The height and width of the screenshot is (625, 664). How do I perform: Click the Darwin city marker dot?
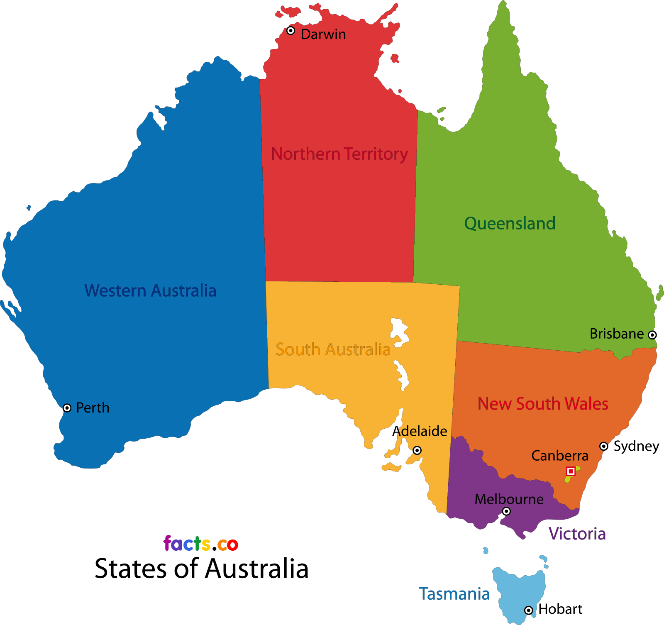click(291, 31)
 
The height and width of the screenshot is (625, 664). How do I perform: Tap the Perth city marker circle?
click(67, 408)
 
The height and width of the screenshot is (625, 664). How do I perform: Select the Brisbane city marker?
click(652, 335)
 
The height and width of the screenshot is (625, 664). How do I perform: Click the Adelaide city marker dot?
click(417, 450)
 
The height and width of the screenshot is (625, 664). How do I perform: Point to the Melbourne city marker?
click(506, 511)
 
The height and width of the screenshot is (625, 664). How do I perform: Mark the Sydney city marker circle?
click(604, 446)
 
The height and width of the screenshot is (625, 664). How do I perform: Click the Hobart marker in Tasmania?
click(528, 610)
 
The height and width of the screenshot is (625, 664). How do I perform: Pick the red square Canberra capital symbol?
click(571, 471)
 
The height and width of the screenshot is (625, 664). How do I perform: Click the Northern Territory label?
click(339, 154)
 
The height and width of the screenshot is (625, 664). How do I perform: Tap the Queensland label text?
click(510, 224)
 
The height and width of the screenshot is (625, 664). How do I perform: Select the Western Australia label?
click(150, 291)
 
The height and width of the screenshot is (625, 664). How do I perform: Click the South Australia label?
click(333, 349)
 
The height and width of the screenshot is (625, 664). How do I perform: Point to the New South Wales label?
click(543, 404)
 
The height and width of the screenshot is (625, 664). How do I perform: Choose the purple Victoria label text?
click(577, 534)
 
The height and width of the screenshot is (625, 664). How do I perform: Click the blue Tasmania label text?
click(454, 594)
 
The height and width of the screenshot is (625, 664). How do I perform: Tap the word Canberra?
click(560, 456)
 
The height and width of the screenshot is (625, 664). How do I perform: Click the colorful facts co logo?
click(201, 544)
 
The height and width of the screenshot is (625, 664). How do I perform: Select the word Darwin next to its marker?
click(323, 34)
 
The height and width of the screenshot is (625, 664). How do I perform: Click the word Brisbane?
click(617, 334)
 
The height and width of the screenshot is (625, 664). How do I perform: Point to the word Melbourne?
click(509, 499)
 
